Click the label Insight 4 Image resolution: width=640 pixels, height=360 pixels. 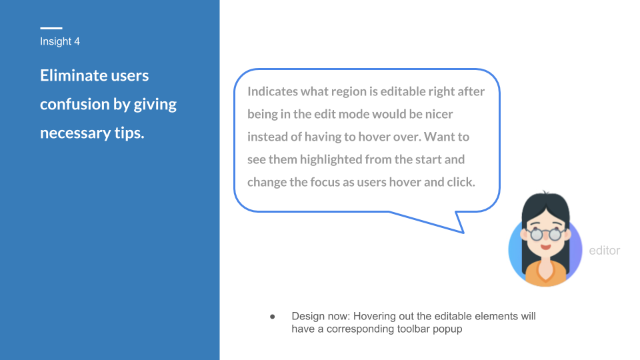point(60,41)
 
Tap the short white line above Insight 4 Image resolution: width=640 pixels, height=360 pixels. point(51,28)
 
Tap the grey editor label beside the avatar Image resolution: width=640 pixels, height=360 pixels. point(605,251)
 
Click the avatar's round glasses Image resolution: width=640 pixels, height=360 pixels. point(546,234)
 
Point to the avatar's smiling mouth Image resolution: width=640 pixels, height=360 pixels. point(546,247)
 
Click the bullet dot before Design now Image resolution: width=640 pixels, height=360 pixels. point(272,316)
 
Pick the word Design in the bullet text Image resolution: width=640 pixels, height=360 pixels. point(305,316)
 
